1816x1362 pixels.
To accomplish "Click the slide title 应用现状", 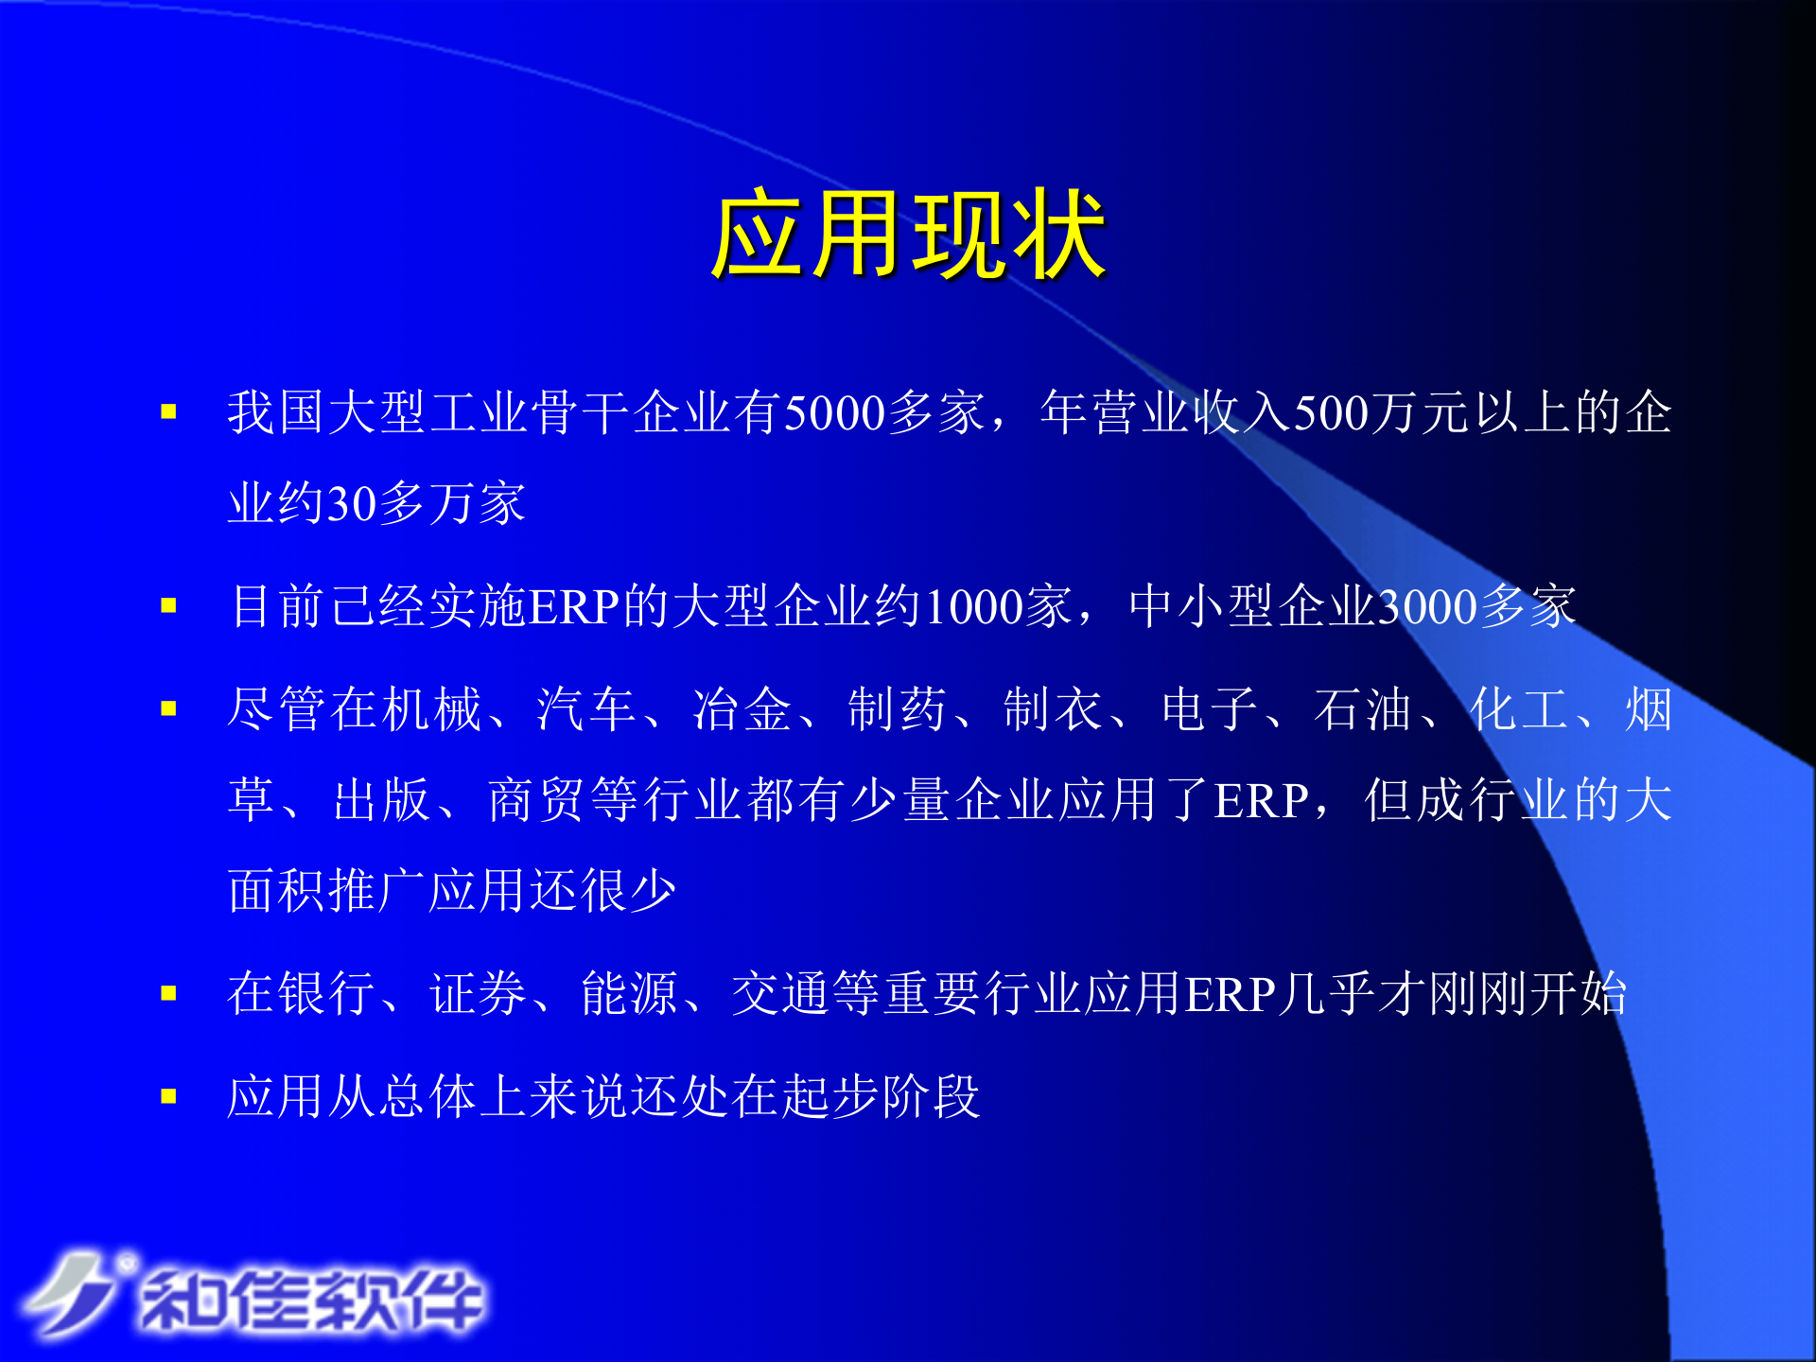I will coord(908,234).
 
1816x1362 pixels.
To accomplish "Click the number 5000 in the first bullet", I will coord(834,413).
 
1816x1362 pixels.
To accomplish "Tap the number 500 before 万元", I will coord(1331,413).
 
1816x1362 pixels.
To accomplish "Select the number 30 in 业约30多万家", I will coord(352,503).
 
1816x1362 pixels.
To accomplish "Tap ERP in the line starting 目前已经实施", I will coord(574,607).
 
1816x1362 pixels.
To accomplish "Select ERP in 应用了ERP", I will coord(1261,801).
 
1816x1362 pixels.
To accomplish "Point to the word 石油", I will coord(1362,709).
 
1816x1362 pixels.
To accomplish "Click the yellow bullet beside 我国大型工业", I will coord(169,411).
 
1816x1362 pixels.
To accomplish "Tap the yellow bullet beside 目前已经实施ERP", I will coord(169,605).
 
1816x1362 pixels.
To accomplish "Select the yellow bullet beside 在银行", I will coord(169,993).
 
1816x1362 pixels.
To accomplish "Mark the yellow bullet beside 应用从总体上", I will coord(169,1096).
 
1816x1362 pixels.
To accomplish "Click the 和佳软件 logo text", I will coord(312,1301).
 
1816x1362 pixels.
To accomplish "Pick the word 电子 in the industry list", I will coord(1209,709).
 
